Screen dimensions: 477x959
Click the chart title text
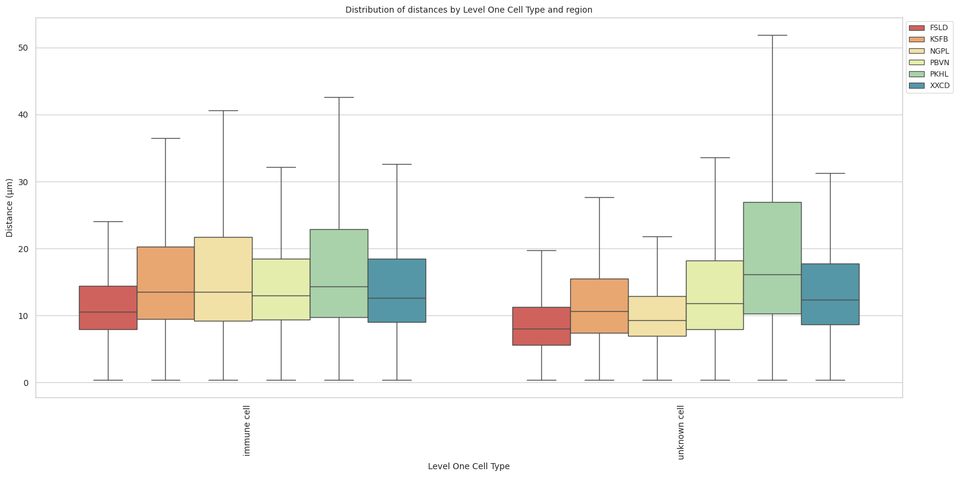[468, 10]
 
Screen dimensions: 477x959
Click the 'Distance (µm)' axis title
[10, 207]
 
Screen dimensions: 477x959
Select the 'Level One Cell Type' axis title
[468, 466]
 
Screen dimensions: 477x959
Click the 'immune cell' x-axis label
[247, 431]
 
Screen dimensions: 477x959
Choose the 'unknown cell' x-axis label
[681, 432]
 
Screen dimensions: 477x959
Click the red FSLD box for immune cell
[108, 308]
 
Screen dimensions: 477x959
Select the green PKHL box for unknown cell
[772, 257]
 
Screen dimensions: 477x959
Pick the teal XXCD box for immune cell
[397, 290]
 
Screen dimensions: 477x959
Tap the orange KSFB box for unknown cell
[599, 306]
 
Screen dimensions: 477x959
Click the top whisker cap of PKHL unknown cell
[772, 36]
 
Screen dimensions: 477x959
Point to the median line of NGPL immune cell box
[223, 292]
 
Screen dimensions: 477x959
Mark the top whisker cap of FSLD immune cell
[108, 221]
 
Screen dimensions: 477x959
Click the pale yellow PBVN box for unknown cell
[714, 295]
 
